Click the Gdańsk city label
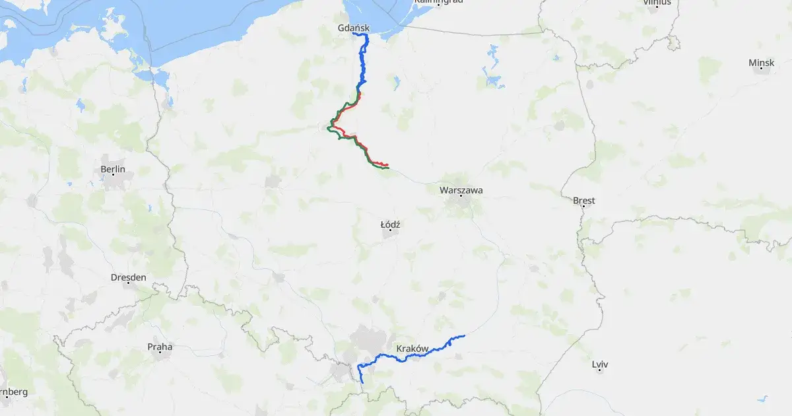pos(353,28)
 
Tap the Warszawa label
pos(461,190)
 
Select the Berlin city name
pos(113,170)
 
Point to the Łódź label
pos(391,225)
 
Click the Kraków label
pos(413,348)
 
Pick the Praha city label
pos(160,346)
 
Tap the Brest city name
pos(584,200)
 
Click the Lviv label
pos(600,364)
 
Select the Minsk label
pos(761,63)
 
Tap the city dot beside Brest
pos(583,207)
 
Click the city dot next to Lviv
pos(600,370)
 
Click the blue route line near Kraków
pos(422,354)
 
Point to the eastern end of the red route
pos(387,164)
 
